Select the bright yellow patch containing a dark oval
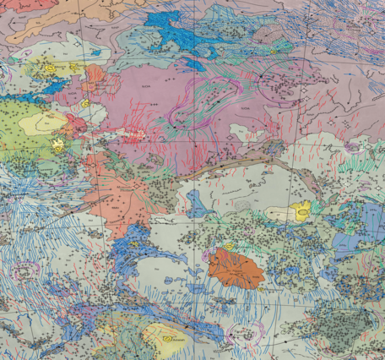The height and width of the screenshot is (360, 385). (300, 212)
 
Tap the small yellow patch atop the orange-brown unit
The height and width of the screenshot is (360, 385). (228, 246)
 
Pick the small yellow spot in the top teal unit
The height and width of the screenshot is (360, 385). (274, 52)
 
